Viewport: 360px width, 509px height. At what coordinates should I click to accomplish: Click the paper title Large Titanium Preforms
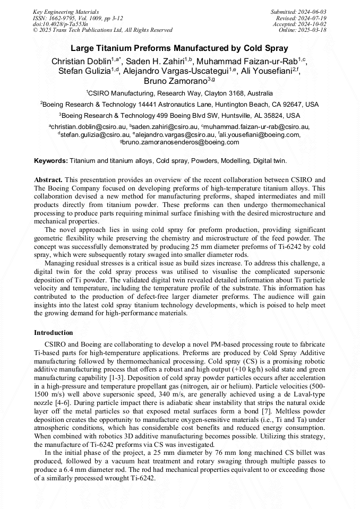[179, 48]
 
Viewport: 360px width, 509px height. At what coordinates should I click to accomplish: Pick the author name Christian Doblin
[81, 62]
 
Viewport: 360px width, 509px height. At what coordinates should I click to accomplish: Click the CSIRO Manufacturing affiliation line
[179, 92]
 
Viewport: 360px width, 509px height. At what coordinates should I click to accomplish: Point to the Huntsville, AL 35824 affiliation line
[179, 115]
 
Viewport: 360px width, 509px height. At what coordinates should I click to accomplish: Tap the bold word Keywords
[51, 160]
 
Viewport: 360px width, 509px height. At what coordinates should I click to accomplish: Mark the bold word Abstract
[48, 180]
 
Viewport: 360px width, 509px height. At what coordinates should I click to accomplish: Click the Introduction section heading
[53, 333]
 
